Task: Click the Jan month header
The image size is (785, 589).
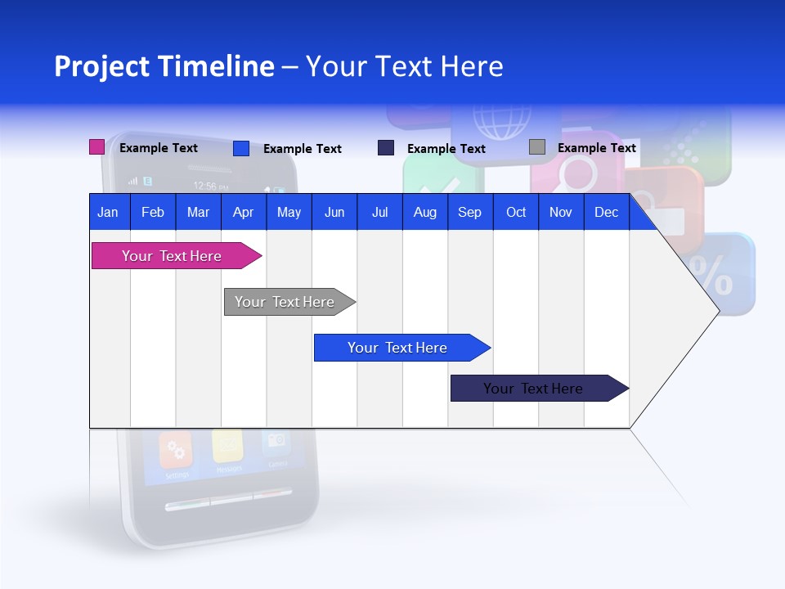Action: click(108, 212)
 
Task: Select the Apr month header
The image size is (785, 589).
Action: click(243, 212)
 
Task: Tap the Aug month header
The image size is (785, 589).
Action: click(424, 212)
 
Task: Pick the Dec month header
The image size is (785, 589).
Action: click(606, 212)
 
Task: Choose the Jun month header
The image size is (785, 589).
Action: click(334, 212)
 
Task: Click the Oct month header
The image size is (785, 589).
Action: click(515, 212)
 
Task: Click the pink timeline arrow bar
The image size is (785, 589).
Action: click(172, 256)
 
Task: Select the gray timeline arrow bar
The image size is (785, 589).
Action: click(285, 302)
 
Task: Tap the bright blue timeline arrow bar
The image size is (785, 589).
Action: click(397, 348)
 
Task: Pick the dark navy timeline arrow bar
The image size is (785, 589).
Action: click(533, 389)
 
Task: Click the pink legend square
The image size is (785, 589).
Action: click(96, 147)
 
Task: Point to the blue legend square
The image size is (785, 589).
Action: click(240, 148)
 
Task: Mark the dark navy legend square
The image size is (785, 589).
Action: click(385, 147)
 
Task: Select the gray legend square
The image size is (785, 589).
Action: click(536, 147)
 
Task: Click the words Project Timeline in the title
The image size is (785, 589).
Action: click(164, 66)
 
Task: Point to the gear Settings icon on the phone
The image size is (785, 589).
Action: click(175, 449)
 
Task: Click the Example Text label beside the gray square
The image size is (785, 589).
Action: click(596, 148)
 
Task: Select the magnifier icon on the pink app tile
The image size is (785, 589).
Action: click(578, 174)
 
